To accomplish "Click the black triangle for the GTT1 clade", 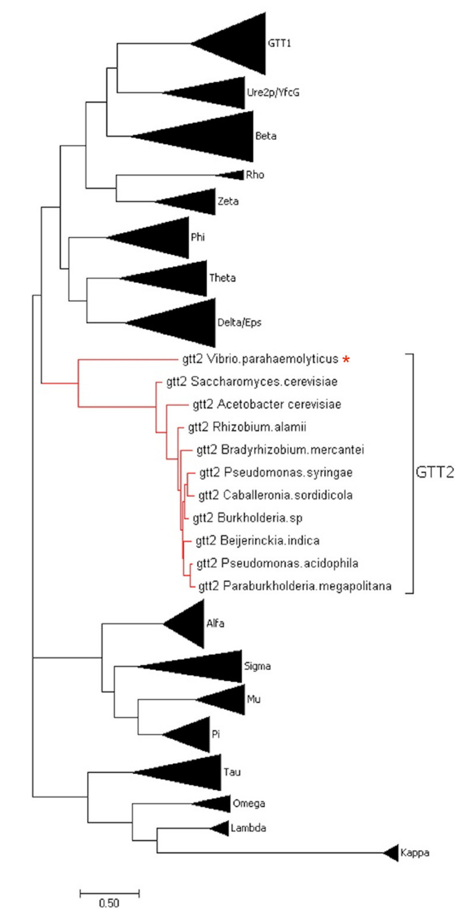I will (242, 44).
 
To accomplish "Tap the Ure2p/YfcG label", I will (273, 93).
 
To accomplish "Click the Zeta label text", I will (228, 201).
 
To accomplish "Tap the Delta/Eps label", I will (239, 323).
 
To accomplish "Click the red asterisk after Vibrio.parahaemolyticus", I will (346, 360).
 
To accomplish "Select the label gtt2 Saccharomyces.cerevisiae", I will (252, 382).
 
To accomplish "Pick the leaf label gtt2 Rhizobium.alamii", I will (247, 427).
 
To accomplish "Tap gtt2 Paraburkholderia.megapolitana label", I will (295, 586).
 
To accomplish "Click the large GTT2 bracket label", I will (435, 473).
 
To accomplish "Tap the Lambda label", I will (248, 828).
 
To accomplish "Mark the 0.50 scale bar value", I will (109, 902).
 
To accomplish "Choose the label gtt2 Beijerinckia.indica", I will (257, 541).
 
